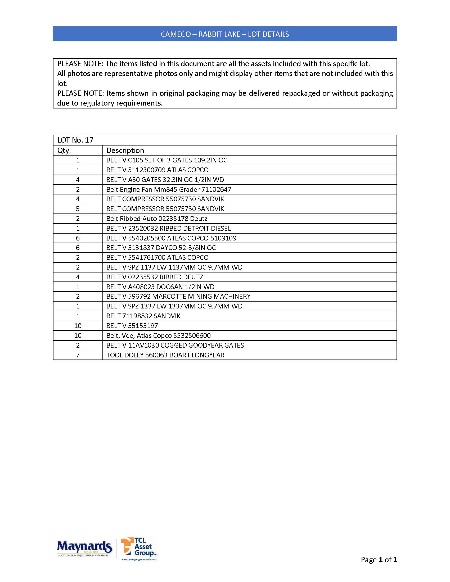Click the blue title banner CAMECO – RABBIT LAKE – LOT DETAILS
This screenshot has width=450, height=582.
tap(225, 34)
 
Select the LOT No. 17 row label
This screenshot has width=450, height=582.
tap(75, 140)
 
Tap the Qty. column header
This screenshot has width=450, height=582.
tap(64, 151)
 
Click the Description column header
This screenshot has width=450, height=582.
tap(125, 151)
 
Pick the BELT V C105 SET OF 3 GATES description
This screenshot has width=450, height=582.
tap(167, 160)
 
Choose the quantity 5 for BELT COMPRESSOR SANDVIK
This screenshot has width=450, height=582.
tap(78, 209)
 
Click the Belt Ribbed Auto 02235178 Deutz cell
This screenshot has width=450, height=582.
tap(157, 219)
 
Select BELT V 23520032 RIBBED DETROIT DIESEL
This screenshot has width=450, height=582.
tap(168, 228)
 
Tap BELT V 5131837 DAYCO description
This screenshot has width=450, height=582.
tap(161, 248)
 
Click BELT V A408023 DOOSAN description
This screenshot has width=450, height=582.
tap(160, 287)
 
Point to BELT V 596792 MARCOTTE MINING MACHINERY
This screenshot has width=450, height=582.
tap(178, 297)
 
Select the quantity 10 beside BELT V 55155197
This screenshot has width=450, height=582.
tap(78, 326)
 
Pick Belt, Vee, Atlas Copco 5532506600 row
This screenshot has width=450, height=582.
tap(158, 335)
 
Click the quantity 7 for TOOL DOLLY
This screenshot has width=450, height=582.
tap(78, 355)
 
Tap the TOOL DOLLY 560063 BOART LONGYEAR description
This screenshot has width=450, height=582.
tap(165, 355)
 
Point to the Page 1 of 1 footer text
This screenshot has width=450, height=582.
tap(379, 560)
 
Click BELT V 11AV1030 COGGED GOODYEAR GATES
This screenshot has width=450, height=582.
tap(175, 345)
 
